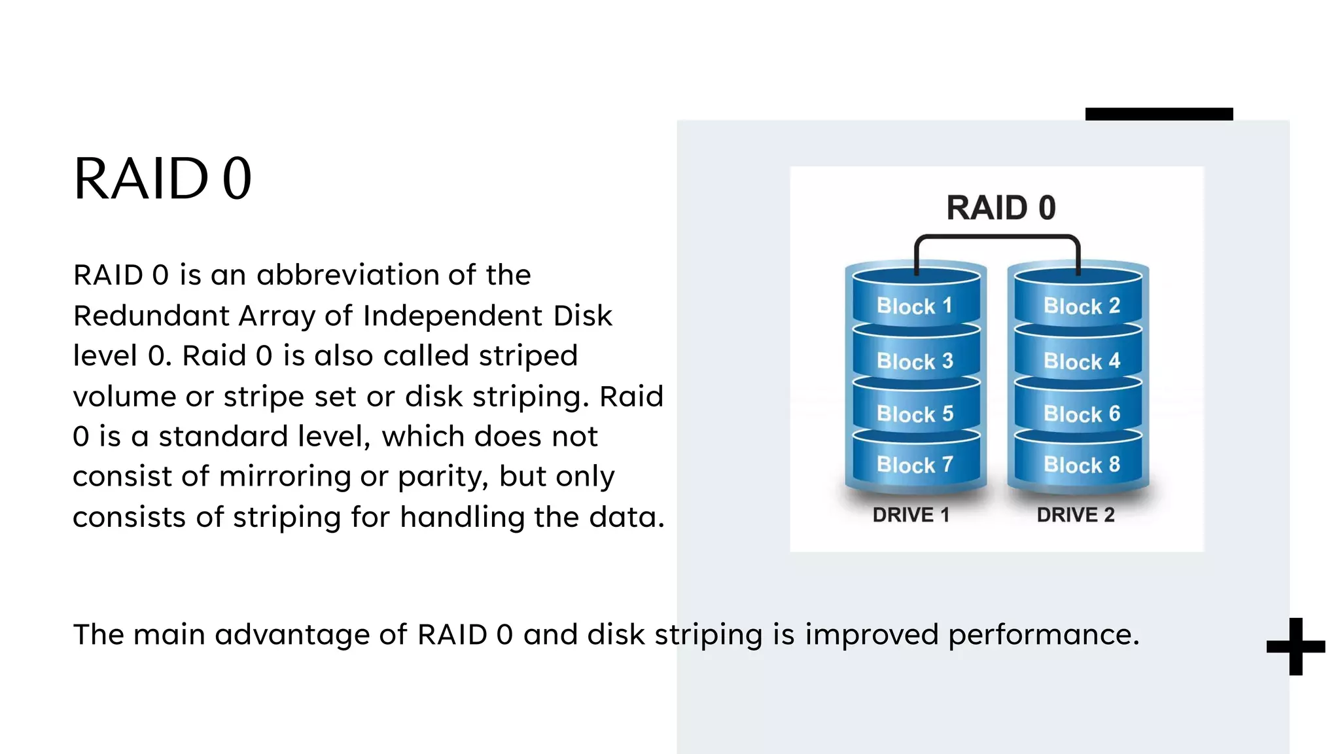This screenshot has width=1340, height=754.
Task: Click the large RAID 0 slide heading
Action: click(162, 179)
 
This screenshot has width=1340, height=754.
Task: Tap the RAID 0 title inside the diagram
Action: click(1000, 208)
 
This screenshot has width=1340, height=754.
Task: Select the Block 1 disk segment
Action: click(915, 306)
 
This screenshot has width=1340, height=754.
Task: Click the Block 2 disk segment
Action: click(1081, 306)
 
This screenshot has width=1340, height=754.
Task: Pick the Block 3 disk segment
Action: click(915, 361)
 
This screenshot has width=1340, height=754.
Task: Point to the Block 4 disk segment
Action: click(1081, 361)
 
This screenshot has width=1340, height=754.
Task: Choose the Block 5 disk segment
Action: click(915, 414)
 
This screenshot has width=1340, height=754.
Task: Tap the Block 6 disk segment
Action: click(1081, 414)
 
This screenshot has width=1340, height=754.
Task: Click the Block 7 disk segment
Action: click(915, 465)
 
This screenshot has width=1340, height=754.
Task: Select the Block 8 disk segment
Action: click(1081, 465)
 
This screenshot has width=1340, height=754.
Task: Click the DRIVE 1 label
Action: click(911, 515)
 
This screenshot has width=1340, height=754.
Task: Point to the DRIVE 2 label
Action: click(1076, 515)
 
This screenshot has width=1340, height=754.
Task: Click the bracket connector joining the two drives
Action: click(996, 237)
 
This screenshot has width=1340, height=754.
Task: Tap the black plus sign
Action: click(1296, 647)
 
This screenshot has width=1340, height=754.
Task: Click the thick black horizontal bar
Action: click(1159, 114)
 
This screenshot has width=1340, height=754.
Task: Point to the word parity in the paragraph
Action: click(442, 477)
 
